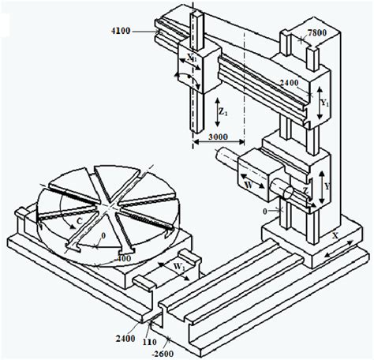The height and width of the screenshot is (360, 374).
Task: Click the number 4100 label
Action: point(121,31)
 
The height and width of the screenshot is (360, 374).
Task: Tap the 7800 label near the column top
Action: point(317,32)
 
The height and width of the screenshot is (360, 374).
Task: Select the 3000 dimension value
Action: point(218,137)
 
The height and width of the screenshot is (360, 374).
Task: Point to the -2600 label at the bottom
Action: point(163,354)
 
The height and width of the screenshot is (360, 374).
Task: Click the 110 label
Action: point(149,342)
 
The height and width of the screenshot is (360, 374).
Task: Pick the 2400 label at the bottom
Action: point(125,339)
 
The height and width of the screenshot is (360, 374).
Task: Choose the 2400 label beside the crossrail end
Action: point(289,83)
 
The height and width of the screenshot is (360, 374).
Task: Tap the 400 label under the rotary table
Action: point(124,258)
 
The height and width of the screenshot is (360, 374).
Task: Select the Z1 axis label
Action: point(223,112)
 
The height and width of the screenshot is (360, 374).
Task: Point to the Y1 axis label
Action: point(325,103)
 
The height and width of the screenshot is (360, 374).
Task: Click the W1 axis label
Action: point(179,267)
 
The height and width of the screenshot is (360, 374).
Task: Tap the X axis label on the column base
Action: point(335,235)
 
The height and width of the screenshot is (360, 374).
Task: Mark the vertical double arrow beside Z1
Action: point(217,112)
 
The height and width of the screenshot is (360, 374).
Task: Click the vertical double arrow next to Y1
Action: point(320,103)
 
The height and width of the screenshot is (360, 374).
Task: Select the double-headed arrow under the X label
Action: point(339,249)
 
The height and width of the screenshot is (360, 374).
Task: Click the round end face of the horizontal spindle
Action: point(288,193)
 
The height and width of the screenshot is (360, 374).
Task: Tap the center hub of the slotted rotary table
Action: point(107,206)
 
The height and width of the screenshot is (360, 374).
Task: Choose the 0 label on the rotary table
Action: point(103,235)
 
